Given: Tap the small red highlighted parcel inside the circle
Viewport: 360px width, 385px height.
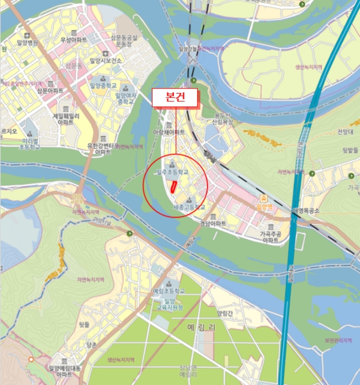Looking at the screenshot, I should click(173, 186).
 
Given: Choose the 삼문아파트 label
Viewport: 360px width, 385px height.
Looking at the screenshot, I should click(50, 90).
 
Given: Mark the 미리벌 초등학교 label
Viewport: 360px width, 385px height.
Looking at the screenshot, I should click(30, 144).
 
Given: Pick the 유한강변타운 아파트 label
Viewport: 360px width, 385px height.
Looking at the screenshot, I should click(103, 149).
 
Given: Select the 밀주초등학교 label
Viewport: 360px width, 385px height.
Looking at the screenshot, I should click(172, 172).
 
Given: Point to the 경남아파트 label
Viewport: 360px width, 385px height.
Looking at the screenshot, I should click(212, 224).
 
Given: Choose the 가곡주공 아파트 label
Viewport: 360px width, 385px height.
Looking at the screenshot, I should click(272, 237).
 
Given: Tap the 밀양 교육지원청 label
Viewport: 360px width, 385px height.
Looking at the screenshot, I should click(169, 305).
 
